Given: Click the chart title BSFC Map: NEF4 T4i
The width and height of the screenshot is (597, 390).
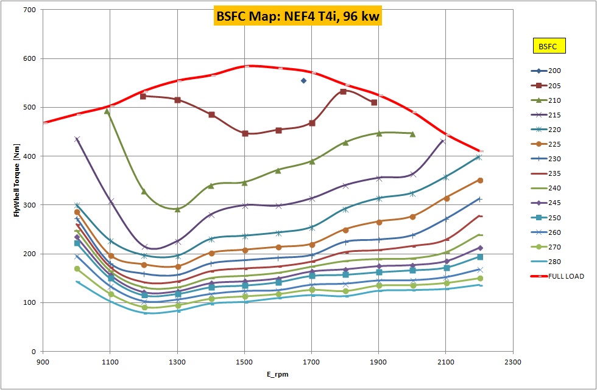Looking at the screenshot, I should (x=297, y=16).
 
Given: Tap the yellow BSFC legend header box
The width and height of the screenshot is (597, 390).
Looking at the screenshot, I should (x=548, y=46).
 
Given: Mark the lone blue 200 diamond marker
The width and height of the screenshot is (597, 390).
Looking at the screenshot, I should (x=303, y=80).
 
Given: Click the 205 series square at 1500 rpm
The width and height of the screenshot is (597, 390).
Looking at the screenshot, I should (x=245, y=133).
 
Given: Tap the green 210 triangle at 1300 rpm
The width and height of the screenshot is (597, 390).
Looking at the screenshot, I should (x=177, y=209).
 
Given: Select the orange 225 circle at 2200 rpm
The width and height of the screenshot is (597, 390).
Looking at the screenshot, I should (x=480, y=180).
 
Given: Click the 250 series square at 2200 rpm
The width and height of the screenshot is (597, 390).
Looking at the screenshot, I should (x=480, y=257).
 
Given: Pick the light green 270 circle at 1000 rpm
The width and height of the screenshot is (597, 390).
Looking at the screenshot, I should (x=77, y=268).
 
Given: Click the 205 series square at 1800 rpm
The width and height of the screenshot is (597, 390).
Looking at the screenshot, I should (x=343, y=91).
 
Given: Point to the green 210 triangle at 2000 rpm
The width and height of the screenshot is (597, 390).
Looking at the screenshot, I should (x=412, y=133).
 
